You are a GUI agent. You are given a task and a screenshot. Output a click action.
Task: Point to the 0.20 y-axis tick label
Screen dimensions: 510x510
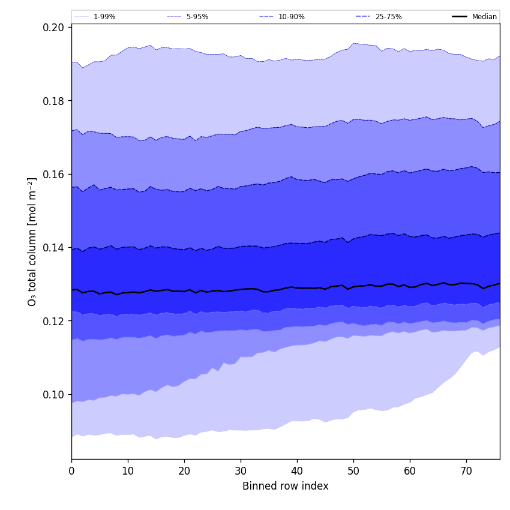(x=55, y=27)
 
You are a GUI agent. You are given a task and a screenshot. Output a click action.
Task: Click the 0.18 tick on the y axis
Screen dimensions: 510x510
(x=55, y=101)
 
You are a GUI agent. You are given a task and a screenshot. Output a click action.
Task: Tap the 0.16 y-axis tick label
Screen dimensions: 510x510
(x=55, y=174)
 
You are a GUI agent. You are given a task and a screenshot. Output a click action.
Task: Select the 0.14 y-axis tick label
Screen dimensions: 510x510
(x=55, y=248)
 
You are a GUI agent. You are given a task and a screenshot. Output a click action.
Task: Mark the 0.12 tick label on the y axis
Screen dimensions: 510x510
(x=55, y=321)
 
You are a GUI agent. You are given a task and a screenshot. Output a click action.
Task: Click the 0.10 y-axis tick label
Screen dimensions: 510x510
(x=55, y=395)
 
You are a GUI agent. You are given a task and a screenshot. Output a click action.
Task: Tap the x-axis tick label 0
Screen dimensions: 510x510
(x=71, y=471)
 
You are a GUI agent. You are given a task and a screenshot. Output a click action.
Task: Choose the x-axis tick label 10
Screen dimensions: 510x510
(x=128, y=471)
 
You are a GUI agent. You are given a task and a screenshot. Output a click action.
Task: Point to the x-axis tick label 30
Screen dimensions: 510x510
(x=241, y=471)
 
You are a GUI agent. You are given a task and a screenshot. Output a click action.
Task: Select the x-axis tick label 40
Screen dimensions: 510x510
(x=297, y=471)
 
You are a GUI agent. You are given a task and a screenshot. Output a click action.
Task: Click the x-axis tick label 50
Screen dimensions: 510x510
(x=353, y=471)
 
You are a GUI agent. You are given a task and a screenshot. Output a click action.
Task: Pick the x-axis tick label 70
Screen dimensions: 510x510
(x=466, y=471)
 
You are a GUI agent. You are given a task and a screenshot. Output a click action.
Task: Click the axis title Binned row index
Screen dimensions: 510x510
(x=286, y=486)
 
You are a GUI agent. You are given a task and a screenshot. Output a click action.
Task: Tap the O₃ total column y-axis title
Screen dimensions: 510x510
(x=32, y=242)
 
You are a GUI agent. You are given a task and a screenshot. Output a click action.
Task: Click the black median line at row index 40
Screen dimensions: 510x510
(x=297, y=287)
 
